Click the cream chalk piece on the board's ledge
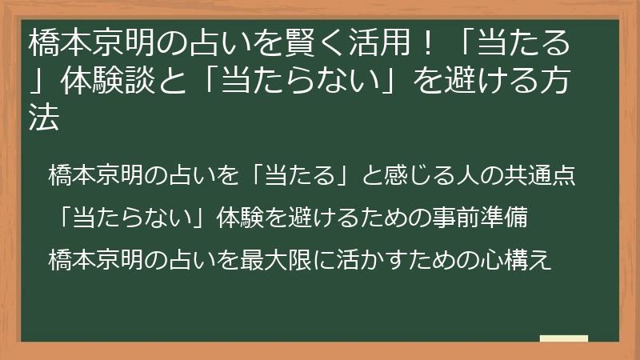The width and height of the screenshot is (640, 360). pos(564,339)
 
